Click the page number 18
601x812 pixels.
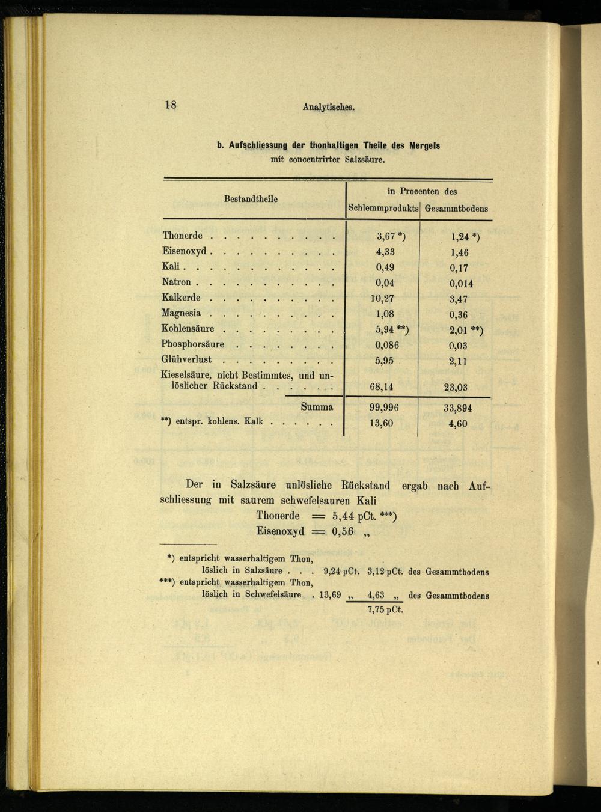(x=171, y=105)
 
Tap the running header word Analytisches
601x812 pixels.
(x=329, y=108)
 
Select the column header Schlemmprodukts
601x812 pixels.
(x=383, y=209)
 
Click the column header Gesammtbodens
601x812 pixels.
(x=456, y=209)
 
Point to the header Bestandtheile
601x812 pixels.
(x=251, y=199)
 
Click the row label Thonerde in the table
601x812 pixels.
(x=182, y=236)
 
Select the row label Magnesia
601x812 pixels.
(x=181, y=313)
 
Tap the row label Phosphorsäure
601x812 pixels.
(x=192, y=344)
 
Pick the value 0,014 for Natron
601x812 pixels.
(x=461, y=284)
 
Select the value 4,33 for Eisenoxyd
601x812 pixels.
(x=385, y=252)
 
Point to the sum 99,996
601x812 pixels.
(x=383, y=408)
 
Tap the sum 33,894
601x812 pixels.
(x=457, y=408)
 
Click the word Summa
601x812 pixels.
(x=317, y=407)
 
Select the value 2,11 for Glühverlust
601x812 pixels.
(x=458, y=361)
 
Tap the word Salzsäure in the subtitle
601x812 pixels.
(x=363, y=160)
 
